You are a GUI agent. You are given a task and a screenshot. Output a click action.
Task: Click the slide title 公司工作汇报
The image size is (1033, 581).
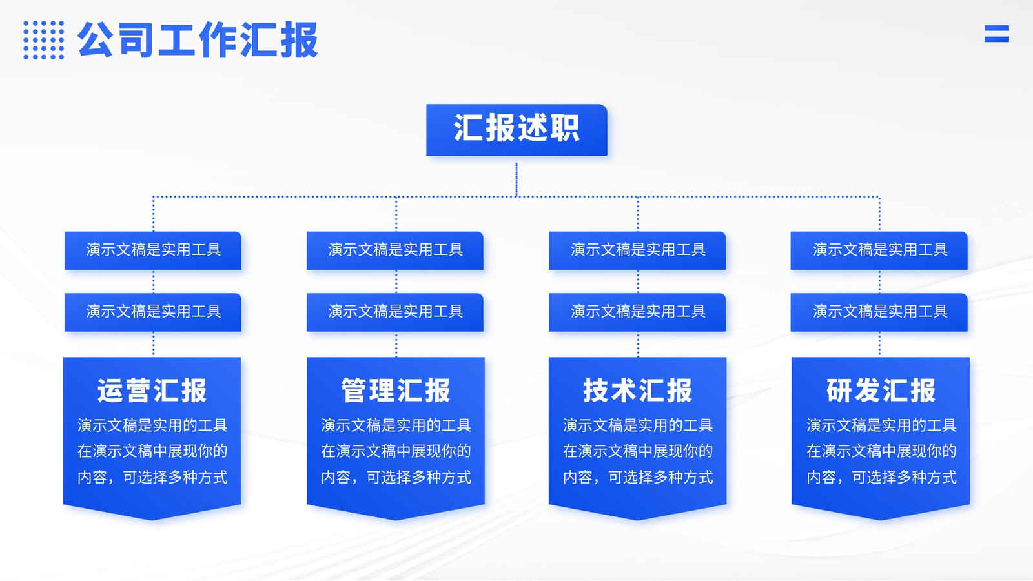point(198,39)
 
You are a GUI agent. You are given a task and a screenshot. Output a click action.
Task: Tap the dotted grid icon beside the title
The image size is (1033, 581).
point(44,40)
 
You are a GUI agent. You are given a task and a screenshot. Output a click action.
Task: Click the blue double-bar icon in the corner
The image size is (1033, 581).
point(997,34)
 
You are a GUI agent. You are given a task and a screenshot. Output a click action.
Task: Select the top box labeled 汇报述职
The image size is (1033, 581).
point(516,130)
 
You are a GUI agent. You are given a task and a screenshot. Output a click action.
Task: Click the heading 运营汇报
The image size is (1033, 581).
point(152,391)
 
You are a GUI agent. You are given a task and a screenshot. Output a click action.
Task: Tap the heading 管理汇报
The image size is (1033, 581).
point(396,391)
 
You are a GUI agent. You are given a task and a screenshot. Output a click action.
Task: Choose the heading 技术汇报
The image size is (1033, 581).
point(638,391)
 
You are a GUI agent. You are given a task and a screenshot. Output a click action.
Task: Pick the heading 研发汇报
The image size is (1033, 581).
point(881,391)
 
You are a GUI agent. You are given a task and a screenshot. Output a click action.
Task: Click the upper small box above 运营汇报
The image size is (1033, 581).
point(152,250)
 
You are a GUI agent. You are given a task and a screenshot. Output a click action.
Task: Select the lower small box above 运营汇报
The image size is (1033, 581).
point(152,312)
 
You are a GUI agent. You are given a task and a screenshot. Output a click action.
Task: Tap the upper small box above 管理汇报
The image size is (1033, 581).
point(395,250)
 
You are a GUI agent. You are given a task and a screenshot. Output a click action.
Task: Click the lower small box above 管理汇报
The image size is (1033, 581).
point(395,312)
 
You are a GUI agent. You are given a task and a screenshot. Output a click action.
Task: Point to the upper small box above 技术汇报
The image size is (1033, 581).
point(637,250)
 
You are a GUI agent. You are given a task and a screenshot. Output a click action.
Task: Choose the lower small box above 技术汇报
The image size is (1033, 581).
point(637,312)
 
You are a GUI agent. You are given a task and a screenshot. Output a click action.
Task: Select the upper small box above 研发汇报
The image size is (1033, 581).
point(879,250)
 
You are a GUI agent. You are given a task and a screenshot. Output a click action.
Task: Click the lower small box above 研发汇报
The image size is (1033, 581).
point(879,312)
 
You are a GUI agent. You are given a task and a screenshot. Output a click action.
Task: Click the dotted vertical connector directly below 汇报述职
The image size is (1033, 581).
point(516,179)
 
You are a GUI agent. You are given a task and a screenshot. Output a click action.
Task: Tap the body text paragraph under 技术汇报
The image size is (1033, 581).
point(638,451)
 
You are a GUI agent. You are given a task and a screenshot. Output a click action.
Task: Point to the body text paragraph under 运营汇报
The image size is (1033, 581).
point(152,451)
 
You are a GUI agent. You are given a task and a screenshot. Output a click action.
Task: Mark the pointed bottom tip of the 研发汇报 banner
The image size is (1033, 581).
point(881,520)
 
